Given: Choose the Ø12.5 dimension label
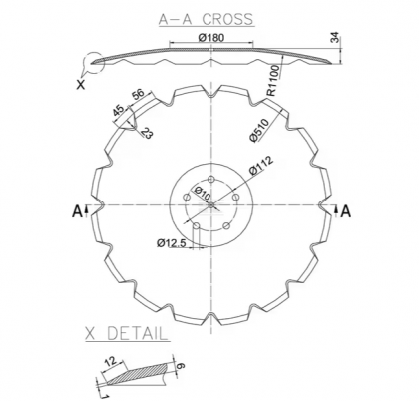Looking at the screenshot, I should pos(174,242).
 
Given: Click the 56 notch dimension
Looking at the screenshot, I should pos(138,96).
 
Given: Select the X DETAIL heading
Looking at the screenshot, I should pos(126,332).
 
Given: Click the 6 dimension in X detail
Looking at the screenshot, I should pos(181,367).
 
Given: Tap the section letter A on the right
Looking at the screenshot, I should pos(345,210).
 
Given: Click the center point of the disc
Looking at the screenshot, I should pos(210,204).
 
